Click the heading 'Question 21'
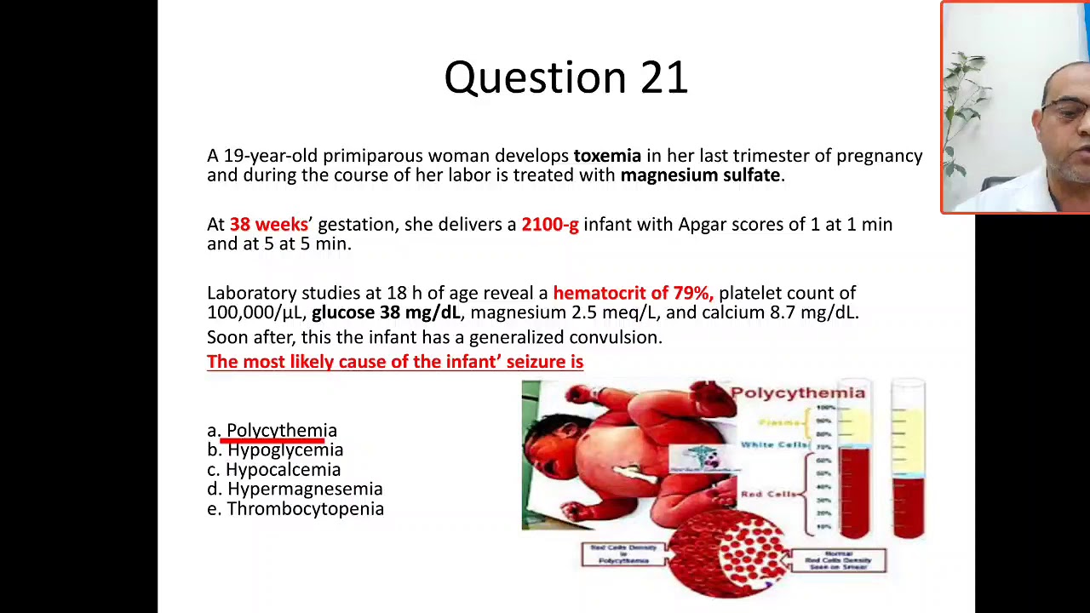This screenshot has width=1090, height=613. (565, 77)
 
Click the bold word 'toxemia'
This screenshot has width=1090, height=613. (607, 156)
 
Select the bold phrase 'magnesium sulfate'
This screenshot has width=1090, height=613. (700, 175)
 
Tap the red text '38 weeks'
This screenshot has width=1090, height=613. (268, 225)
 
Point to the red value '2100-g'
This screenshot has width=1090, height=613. (549, 225)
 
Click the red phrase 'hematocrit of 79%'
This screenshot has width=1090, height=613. (633, 294)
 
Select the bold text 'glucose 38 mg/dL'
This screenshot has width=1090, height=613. (386, 313)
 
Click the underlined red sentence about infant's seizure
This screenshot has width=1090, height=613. (395, 362)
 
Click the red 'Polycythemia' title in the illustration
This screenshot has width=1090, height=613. (797, 392)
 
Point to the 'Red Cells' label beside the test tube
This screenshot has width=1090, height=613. (768, 494)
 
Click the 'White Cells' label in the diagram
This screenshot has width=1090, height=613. (773, 444)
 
